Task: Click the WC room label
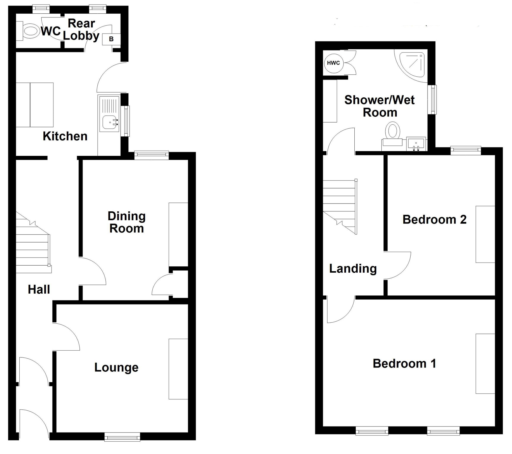pyautogui.click(x=51, y=31)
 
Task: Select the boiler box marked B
pyautogui.click(x=111, y=39)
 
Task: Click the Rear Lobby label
pyautogui.click(x=81, y=30)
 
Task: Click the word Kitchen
pyautogui.click(x=65, y=136)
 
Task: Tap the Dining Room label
pyautogui.click(x=127, y=222)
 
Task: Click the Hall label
pyautogui.click(x=39, y=289)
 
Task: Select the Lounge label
pyautogui.click(x=116, y=367)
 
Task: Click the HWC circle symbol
pyautogui.click(x=333, y=63)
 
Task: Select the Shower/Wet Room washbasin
pyautogui.click(x=416, y=144)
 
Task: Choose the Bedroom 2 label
pyautogui.click(x=434, y=219)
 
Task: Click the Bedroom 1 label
pyautogui.click(x=404, y=363)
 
